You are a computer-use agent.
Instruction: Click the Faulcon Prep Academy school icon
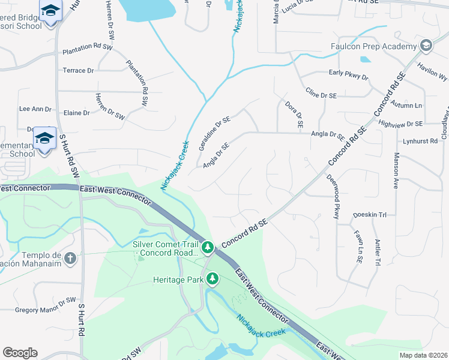pyautogui.click(x=426, y=46)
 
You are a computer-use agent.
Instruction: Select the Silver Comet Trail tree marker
pyautogui.click(x=208, y=247)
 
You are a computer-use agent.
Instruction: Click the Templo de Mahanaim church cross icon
pyautogui.click(x=70, y=259)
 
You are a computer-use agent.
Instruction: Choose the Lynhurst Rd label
pyautogui.click(x=420, y=140)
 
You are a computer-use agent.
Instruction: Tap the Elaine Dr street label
pyautogui.click(x=77, y=113)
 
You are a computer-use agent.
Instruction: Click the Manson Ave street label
pyautogui.click(x=396, y=170)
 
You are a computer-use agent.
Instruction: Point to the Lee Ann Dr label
pyautogui.click(x=35, y=109)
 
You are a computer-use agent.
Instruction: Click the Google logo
pyautogui.click(x=20, y=353)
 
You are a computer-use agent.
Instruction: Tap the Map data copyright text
pyautogui.click(x=423, y=355)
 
